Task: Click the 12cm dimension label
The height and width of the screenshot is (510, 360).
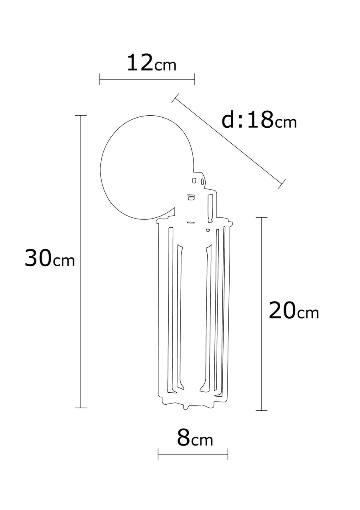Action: click(x=152, y=63)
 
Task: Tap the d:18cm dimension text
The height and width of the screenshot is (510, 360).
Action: click(x=259, y=120)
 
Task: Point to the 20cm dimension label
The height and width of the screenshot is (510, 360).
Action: click(x=294, y=310)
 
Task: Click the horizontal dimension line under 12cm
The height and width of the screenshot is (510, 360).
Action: click(x=147, y=79)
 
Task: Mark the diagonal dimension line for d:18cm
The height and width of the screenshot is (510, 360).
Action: click(x=228, y=141)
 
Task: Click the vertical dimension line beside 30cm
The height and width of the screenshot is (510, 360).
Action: click(x=81, y=261)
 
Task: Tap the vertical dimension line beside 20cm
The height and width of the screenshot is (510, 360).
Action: click(x=262, y=314)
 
